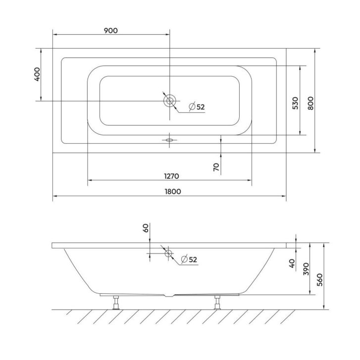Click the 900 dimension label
111,31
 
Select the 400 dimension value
37,74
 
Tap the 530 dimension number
296,103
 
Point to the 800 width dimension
310,103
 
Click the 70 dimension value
216,167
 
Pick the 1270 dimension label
171,176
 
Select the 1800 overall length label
173,191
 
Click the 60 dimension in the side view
146,228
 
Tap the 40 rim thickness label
292,263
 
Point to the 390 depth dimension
307,269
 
